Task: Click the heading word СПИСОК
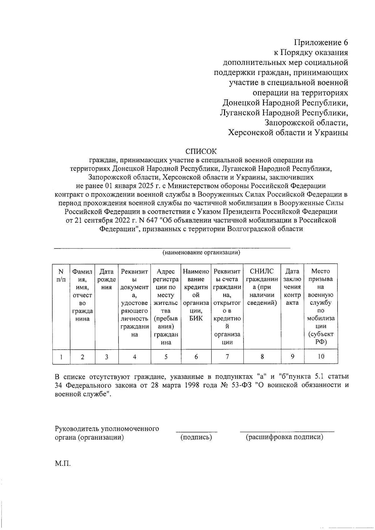coord(201,152)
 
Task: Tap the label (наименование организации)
coord(201,252)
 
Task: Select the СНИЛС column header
coord(262,271)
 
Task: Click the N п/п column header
coord(61,275)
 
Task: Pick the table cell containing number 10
coord(321,357)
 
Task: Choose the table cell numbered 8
coord(262,357)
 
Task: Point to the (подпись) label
coord(196,437)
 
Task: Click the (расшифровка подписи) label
coord(284,437)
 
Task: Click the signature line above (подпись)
coord(196,432)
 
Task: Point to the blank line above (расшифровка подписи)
coord(287,432)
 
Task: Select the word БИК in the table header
coord(196,318)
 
